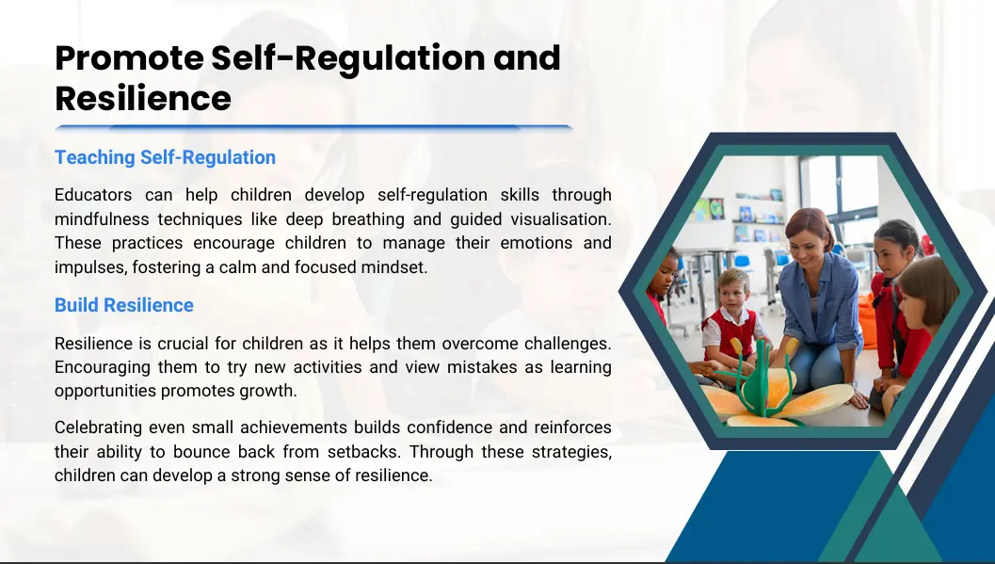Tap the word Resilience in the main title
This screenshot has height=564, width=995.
(143, 99)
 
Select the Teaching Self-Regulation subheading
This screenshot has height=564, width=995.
(165, 157)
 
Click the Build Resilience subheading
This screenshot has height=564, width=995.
(123, 305)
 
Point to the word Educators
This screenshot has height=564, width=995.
(93, 195)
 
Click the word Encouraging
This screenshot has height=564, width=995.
(103, 367)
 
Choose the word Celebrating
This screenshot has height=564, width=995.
(98, 427)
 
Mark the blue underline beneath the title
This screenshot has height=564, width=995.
(314, 128)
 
